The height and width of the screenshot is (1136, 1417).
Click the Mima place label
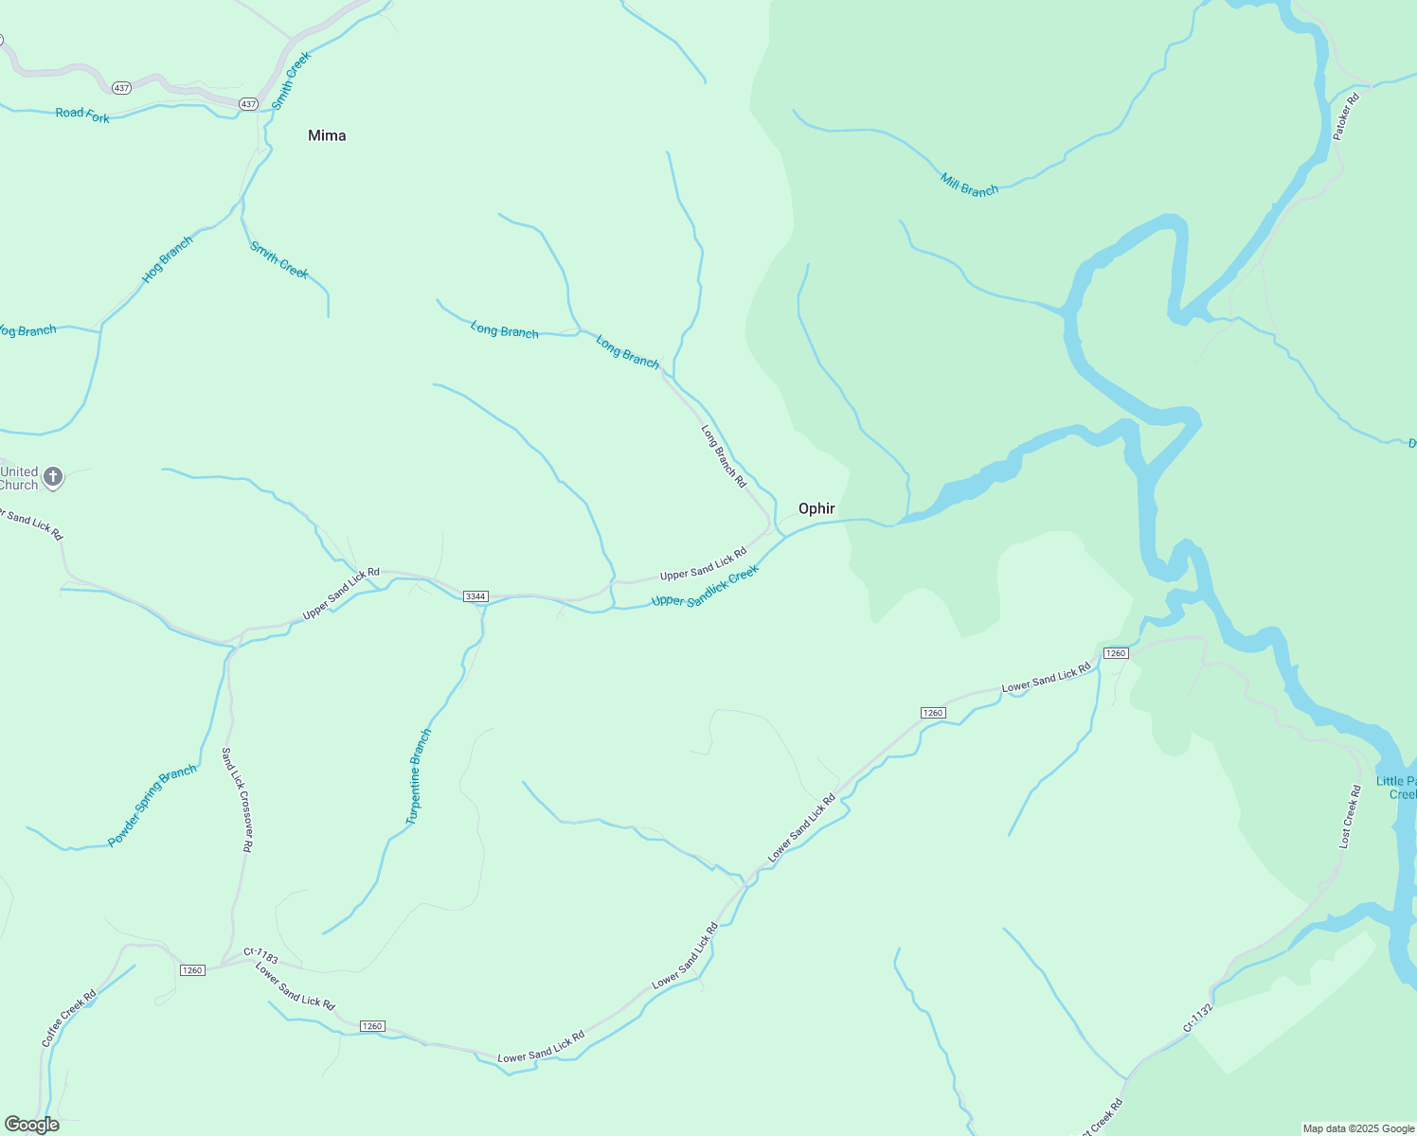327,135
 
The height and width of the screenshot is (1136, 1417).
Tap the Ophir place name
816,508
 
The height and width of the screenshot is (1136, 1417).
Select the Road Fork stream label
82,115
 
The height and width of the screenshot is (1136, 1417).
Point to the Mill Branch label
969,184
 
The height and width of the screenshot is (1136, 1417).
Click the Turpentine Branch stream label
419,776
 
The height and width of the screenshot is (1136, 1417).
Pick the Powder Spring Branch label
152,806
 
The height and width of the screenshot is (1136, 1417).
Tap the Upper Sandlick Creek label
705,587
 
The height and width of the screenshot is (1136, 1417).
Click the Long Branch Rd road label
724,456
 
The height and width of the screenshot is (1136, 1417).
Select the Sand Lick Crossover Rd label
236,800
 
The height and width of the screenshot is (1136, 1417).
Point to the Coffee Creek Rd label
68,1018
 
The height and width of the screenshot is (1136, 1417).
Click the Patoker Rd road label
1346,116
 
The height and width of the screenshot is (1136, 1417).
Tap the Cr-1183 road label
260,956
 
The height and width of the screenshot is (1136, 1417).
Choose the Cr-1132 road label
1197,1019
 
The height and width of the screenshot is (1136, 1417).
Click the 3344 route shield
475,596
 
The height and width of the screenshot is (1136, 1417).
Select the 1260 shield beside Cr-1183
192,970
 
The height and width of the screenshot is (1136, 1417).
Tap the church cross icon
53,477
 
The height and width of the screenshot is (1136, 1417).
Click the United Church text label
19,478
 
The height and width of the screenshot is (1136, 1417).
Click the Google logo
31,1125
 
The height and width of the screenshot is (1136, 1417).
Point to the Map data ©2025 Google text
1357,1128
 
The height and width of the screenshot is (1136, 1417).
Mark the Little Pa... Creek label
1397,788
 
